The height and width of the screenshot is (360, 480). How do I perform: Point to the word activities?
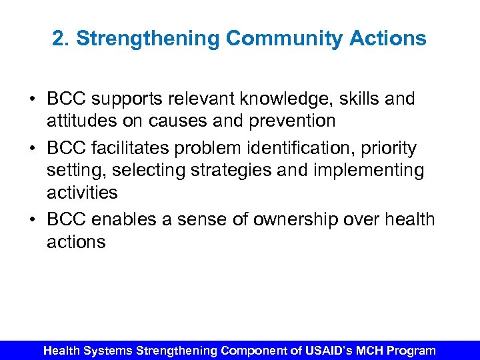81,193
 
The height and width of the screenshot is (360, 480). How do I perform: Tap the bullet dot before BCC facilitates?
32,147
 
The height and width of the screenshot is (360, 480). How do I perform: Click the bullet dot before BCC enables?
32,219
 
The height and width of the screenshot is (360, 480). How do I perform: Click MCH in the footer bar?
364,350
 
